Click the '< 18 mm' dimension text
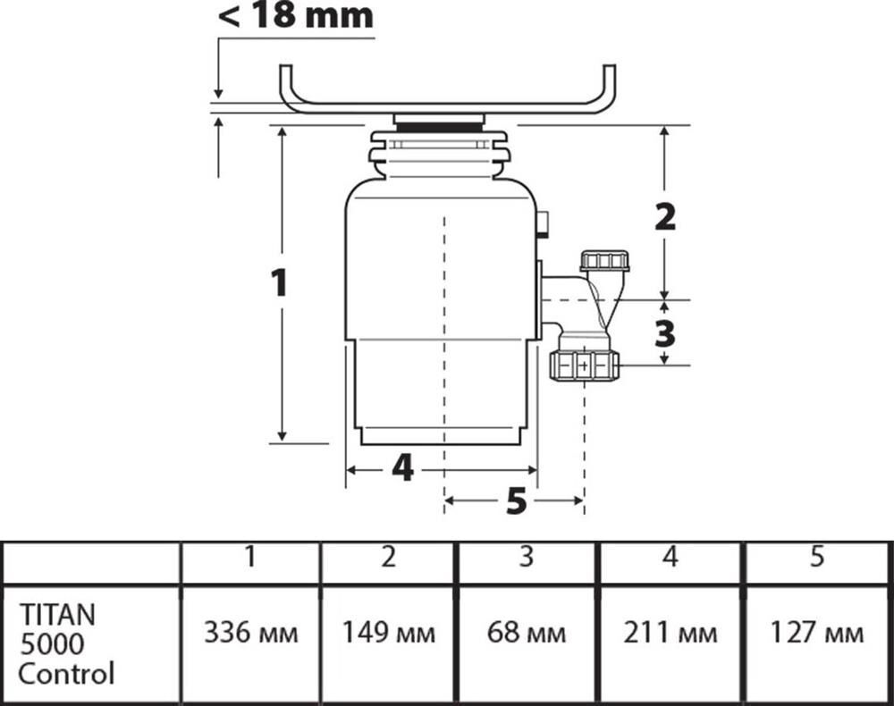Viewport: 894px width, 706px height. (295, 17)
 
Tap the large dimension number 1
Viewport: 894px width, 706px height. (280, 283)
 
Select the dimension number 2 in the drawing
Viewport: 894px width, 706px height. (664, 217)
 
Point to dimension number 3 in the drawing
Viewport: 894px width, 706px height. (664, 333)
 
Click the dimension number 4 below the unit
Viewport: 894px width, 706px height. (402, 467)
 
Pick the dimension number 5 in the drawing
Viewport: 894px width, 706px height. (516, 502)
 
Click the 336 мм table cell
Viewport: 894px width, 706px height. (251, 634)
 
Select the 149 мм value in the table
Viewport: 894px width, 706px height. (389, 634)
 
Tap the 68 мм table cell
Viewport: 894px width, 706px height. (527, 634)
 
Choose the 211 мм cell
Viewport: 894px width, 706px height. (670, 634)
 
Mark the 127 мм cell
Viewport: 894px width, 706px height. (817, 634)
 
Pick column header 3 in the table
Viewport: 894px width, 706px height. (527, 558)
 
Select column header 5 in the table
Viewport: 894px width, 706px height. (817, 558)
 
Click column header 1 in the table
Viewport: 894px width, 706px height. (251, 558)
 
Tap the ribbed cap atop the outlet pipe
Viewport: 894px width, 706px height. (605, 262)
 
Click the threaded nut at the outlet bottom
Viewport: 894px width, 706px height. (585, 365)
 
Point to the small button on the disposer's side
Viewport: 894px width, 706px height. (543, 224)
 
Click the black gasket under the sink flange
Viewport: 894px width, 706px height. (439, 128)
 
